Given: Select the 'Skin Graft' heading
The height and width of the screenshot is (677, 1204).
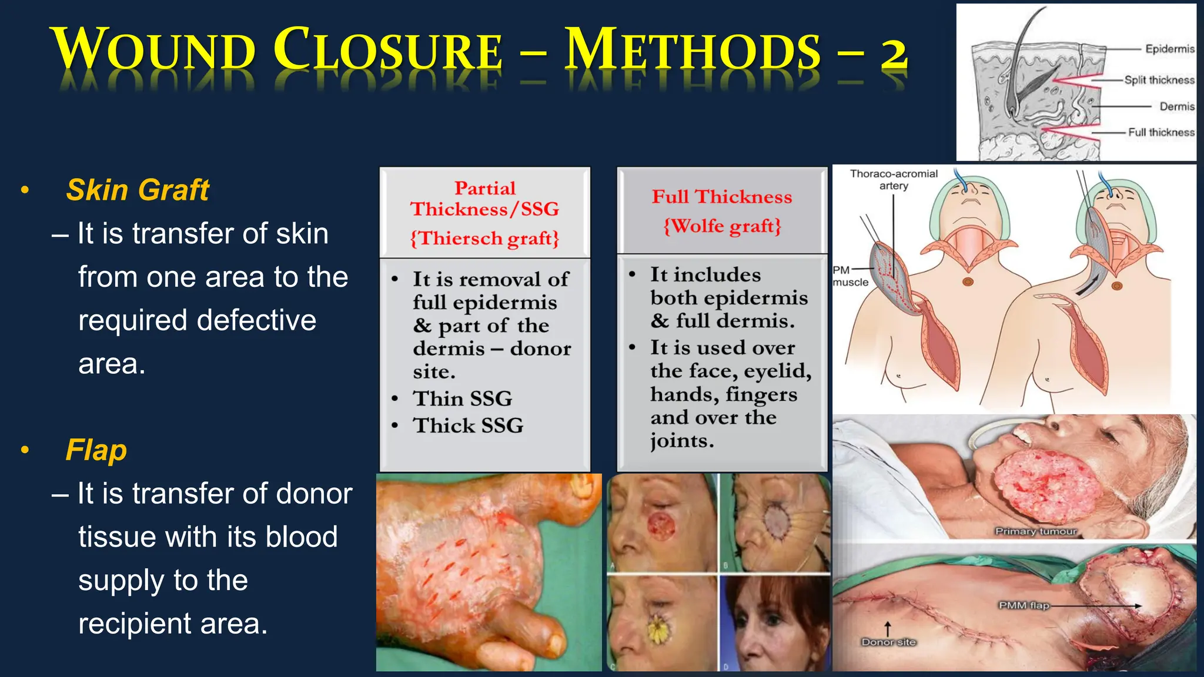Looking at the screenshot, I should coord(138,190).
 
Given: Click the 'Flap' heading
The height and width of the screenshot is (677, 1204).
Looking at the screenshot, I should coord(96,450).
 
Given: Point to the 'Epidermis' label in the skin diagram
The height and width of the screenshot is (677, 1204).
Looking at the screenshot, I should coord(1169,49).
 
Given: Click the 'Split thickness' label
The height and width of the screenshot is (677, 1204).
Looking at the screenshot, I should coord(1159,80).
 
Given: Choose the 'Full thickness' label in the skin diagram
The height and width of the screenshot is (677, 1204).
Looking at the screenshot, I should coord(1160,132).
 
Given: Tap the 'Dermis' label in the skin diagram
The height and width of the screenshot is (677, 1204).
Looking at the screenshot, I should coord(1176,106).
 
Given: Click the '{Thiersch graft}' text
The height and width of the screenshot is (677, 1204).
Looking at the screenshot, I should coord(484,239).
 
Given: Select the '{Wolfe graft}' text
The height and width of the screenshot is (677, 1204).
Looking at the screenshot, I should coord(722,226).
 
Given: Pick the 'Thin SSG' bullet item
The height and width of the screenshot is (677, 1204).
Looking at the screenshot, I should coord(462,398).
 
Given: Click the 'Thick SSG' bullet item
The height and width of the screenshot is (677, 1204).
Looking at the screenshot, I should coord(468,425).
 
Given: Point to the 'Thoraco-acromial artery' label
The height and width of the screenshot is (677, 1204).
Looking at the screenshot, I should coord(894,179).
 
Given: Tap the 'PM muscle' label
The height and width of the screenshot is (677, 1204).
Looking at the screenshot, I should coord(850,276).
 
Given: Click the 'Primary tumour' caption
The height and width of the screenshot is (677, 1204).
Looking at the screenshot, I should coord(1036,531).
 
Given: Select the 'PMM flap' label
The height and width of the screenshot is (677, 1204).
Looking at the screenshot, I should coord(1024,605).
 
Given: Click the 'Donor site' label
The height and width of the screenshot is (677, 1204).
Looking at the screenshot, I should coord(888,642).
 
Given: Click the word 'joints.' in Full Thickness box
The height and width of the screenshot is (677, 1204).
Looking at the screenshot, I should coord(682,441).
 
